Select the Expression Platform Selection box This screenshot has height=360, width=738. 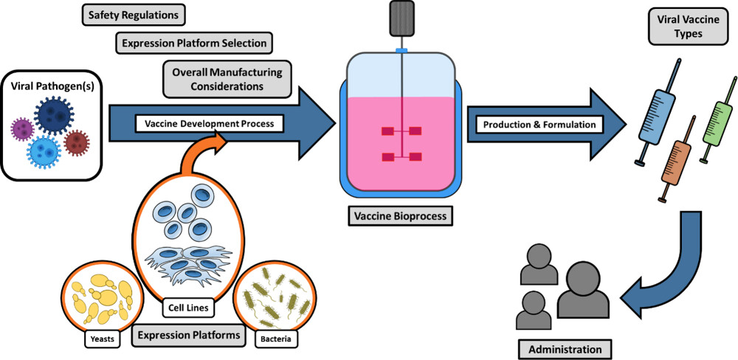coord(194,43)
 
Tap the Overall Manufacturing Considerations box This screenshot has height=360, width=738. coord(227,79)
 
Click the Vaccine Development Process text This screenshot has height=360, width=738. coord(209,124)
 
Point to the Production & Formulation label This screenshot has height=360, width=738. coord(539,124)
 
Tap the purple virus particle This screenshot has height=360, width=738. coord(23,131)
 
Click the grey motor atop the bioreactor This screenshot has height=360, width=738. coord(401,19)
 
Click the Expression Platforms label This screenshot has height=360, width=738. coord(189,335)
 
